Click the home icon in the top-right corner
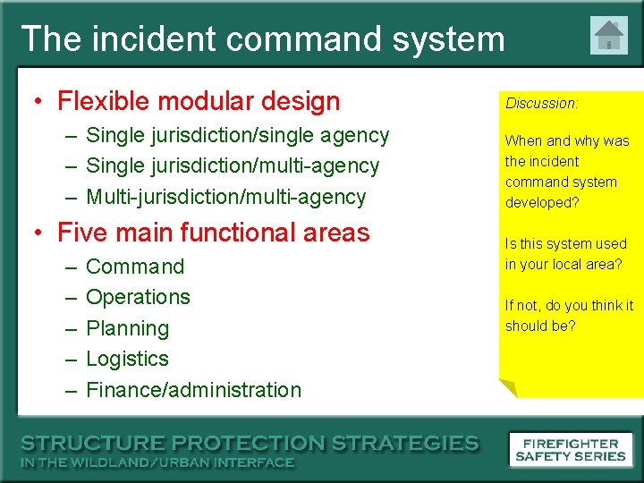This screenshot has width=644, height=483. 609,36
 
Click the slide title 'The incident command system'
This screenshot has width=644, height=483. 262,39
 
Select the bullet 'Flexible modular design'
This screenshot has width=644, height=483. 199,101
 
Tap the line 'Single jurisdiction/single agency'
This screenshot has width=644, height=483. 237,135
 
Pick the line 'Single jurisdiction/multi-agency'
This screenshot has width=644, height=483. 233,165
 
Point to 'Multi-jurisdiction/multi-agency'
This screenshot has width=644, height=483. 225,197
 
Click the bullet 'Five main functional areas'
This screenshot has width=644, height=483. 213,233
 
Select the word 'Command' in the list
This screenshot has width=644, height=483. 135,267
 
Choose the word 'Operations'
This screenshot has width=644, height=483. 138,297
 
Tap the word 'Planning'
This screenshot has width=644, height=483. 127,328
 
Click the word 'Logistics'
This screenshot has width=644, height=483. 127,359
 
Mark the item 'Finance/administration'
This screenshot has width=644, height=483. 193,390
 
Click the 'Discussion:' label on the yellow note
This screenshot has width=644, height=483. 542,103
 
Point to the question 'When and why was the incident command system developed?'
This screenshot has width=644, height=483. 566,172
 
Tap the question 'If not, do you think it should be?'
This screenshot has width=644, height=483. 569,316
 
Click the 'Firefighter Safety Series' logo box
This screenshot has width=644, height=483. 570,450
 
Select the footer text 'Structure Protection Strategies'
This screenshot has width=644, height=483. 250,443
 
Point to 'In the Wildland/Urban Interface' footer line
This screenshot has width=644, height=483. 157,462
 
